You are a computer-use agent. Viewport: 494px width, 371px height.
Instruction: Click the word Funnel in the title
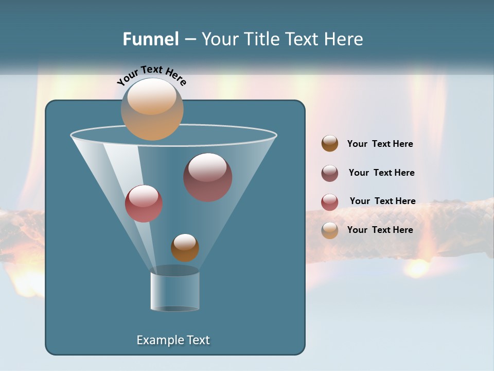150,39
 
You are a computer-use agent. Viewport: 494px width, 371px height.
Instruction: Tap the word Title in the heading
261,39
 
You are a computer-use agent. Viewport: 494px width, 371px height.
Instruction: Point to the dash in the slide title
189,39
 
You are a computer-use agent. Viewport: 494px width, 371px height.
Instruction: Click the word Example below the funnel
157,340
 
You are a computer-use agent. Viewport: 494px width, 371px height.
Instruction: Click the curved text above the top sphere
152,75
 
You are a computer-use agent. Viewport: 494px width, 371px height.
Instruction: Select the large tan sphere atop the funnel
152,109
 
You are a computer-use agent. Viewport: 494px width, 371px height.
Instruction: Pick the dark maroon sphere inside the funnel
208,177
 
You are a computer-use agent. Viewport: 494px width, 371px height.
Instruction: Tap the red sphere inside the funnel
144,204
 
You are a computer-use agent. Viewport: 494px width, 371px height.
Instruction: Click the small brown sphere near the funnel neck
185,248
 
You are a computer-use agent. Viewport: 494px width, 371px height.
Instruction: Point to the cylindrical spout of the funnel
175,291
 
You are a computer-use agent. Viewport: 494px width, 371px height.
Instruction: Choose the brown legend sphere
330,144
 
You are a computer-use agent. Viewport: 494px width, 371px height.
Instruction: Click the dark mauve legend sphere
330,173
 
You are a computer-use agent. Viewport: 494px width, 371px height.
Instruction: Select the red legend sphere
330,202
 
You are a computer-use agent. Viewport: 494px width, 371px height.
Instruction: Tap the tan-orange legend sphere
330,230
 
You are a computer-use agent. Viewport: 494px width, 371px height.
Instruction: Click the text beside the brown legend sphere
380,144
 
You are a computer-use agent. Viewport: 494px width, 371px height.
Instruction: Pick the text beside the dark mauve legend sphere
381,173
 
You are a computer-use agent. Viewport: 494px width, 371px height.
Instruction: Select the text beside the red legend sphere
382,201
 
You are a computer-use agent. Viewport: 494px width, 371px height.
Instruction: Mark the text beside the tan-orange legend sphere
380,230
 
